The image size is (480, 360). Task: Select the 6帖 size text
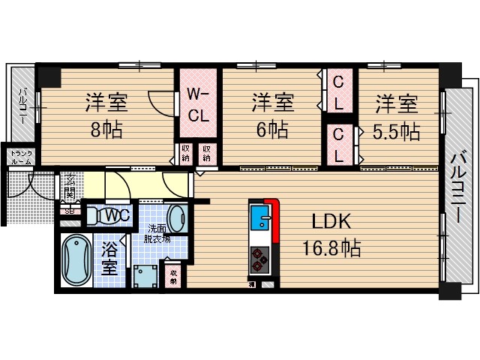click(x=271, y=128)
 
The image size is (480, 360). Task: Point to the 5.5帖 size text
click(x=396, y=131)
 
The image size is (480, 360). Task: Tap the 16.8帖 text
click(x=333, y=247)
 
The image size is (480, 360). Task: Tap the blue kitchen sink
click(x=259, y=218)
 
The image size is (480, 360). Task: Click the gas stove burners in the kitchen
click(x=259, y=259)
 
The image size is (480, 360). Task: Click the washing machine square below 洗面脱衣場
click(x=143, y=275)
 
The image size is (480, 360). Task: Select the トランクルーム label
click(x=19, y=157)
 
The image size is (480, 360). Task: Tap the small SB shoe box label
click(x=70, y=211)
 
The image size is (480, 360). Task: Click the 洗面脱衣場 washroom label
click(x=157, y=233)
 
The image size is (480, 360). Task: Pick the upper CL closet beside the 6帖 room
click(x=339, y=91)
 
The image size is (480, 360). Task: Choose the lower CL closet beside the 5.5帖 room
click(x=339, y=145)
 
